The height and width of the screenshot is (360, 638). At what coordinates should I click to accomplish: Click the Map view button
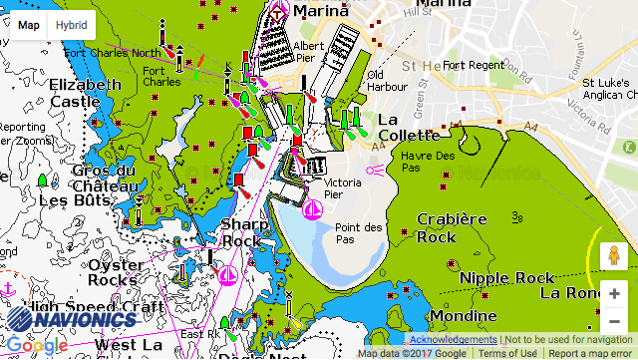tap(30, 25)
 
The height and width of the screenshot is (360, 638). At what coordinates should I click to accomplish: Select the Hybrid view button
tap(71, 25)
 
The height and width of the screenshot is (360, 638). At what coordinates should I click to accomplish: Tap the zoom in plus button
tap(614, 294)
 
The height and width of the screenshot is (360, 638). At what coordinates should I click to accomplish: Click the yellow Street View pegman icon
tap(614, 257)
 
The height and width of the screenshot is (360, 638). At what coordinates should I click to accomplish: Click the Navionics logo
tap(71, 319)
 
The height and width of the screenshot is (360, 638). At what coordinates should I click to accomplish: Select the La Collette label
tap(408, 127)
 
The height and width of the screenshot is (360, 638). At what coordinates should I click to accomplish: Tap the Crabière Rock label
tap(451, 227)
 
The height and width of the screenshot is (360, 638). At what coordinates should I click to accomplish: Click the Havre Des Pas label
tap(428, 163)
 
